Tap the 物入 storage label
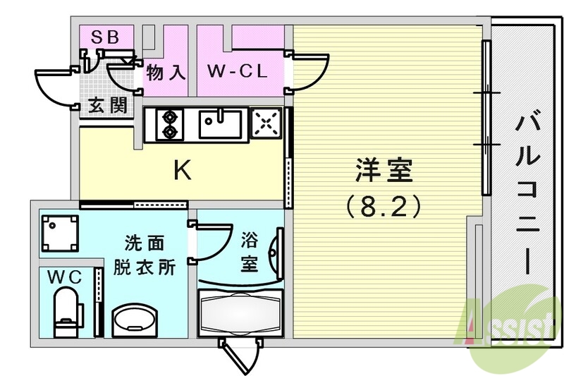point(166,72)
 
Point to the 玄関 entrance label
point(108,107)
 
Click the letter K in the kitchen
point(182,170)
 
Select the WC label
point(65,276)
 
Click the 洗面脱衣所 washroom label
point(145,256)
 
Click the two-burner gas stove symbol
point(170,123)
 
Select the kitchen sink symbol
point(220,124)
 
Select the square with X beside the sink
point(265,124)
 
